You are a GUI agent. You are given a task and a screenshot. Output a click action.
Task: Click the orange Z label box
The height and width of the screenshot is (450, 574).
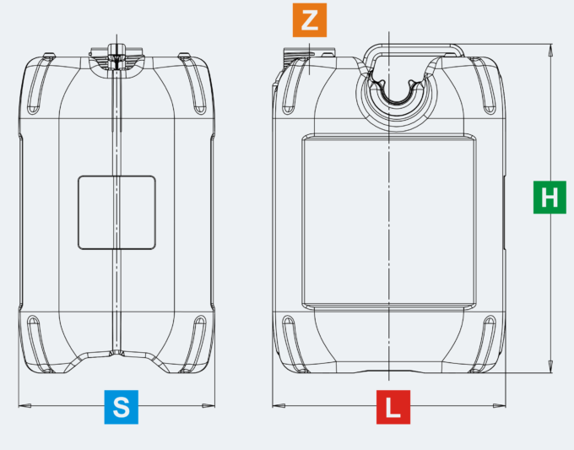coord(309,20)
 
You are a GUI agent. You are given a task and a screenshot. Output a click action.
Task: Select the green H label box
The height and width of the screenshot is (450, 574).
coord(550,197)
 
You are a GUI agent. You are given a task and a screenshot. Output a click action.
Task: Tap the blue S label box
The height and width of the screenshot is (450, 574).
coord(122,407)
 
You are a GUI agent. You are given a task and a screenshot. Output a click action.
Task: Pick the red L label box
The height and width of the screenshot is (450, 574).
coord(393,407)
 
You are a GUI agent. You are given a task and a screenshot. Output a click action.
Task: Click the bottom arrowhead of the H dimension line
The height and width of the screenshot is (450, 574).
coord(550,366)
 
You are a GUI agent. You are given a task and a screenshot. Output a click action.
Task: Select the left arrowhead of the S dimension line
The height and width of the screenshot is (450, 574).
coord(24,405)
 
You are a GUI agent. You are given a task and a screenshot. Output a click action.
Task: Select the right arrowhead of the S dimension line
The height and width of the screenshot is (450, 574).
coord(208,405)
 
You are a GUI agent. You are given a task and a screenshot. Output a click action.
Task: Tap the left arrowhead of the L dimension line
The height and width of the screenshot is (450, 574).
coord(279,405)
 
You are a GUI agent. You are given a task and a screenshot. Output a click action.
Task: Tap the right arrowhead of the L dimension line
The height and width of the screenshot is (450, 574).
coord(499,405)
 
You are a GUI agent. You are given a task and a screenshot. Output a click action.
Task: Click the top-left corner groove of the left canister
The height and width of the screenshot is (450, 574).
coord(41,84)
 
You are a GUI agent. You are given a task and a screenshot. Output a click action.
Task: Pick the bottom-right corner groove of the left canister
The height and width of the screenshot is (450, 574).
coord(193,344)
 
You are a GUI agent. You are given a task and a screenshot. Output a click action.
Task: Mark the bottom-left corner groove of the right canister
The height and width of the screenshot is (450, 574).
coord(295,344)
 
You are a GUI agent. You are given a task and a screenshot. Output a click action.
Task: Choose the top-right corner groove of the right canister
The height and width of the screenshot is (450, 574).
coord(483,85)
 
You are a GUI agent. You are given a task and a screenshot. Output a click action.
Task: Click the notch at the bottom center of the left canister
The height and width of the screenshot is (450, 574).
coord(116,353)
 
